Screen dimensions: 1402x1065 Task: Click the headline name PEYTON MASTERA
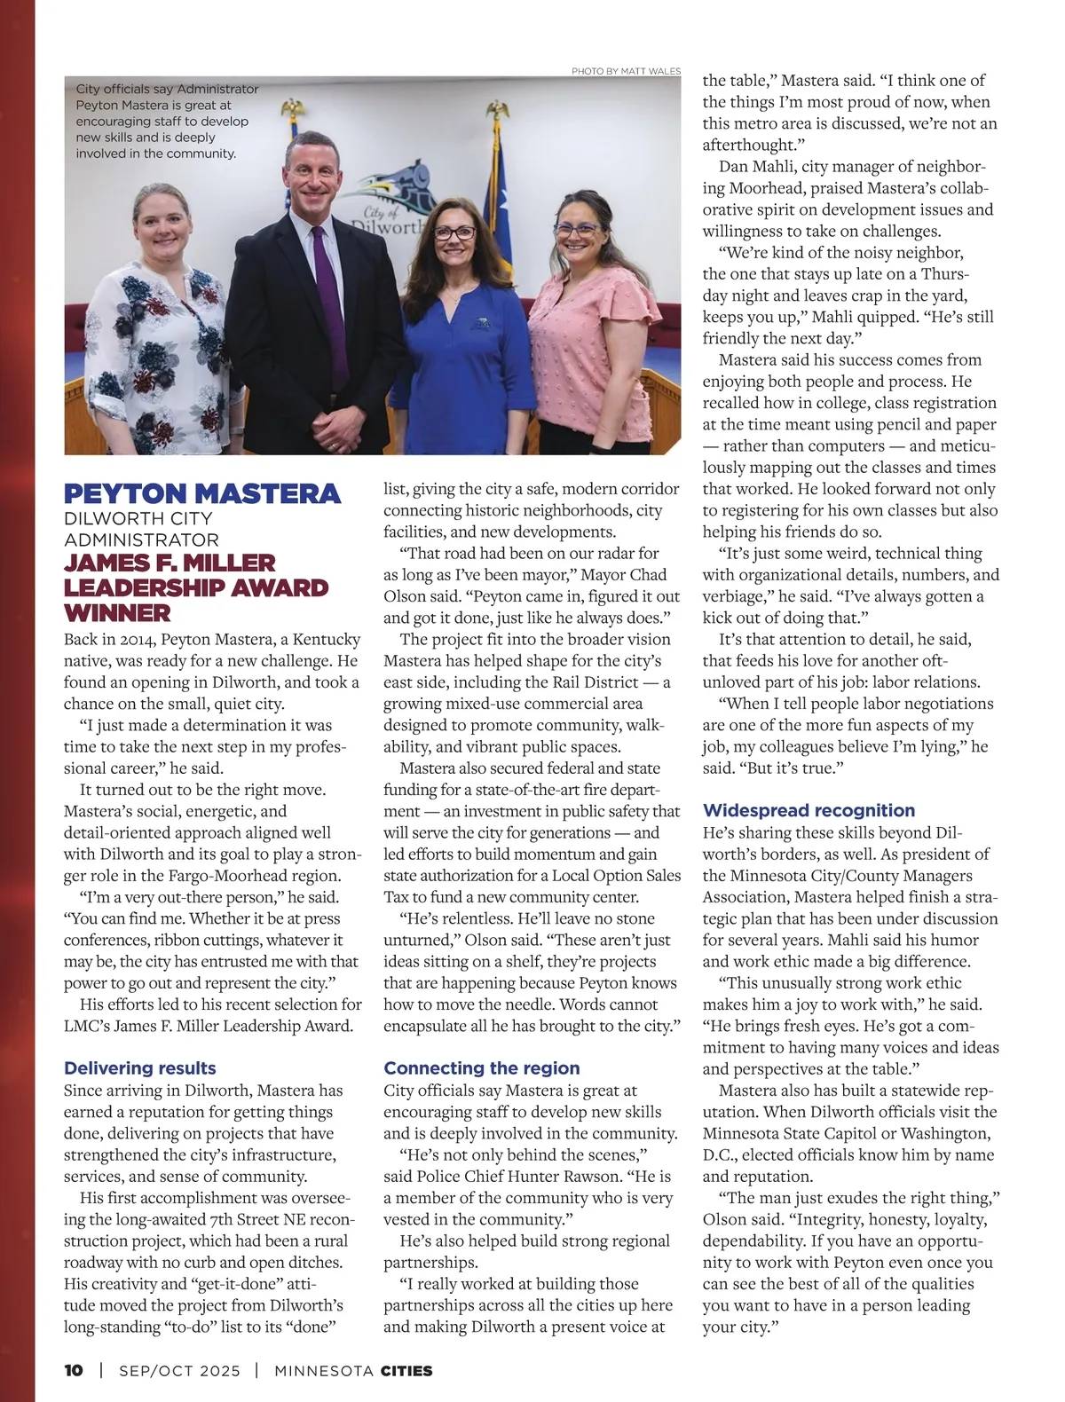tap(202, 493)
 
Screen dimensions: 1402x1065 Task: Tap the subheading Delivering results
tap(140, 1068)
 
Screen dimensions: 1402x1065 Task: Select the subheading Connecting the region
tap(481, 1068)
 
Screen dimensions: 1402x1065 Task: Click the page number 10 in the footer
tap(74, 1370)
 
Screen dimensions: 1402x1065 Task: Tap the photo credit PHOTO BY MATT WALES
tap(626, 71)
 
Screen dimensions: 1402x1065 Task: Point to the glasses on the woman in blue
tap(454, 233)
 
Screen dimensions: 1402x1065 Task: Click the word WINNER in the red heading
tap(117, 613)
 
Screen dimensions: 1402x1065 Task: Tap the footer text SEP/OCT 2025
tap(179, 1370)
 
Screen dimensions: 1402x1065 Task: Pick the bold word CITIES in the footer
tap(406, 1370)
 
